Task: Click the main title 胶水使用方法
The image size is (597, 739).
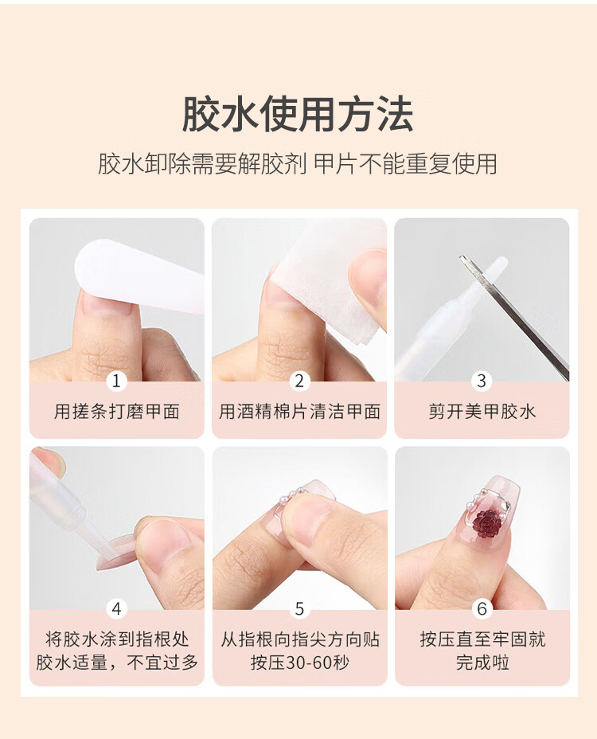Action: click(298, 114)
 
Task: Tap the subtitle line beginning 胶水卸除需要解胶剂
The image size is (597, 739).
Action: click(298, 164)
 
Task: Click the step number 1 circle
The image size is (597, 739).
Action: click(116, 381)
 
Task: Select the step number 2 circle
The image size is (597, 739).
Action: click(299, 381)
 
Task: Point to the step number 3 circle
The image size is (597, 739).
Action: click(482, 381)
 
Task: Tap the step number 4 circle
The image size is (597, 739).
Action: click(116, 609)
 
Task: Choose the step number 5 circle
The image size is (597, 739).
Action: click(299, 609)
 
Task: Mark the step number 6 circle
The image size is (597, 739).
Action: click(482, 609)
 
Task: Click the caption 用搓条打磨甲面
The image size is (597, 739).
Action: click(116, 412)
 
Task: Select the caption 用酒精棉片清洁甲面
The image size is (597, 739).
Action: click(299, 412)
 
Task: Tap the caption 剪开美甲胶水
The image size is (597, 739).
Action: click(482, 412)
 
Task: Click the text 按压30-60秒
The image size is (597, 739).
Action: click(299, 663)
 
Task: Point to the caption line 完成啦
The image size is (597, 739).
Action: click(482, 663)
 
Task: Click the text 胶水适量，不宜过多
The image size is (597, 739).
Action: click(117, 663)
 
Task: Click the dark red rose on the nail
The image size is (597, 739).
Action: click(486, 522)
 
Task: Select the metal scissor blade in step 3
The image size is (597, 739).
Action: click(514, 317)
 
